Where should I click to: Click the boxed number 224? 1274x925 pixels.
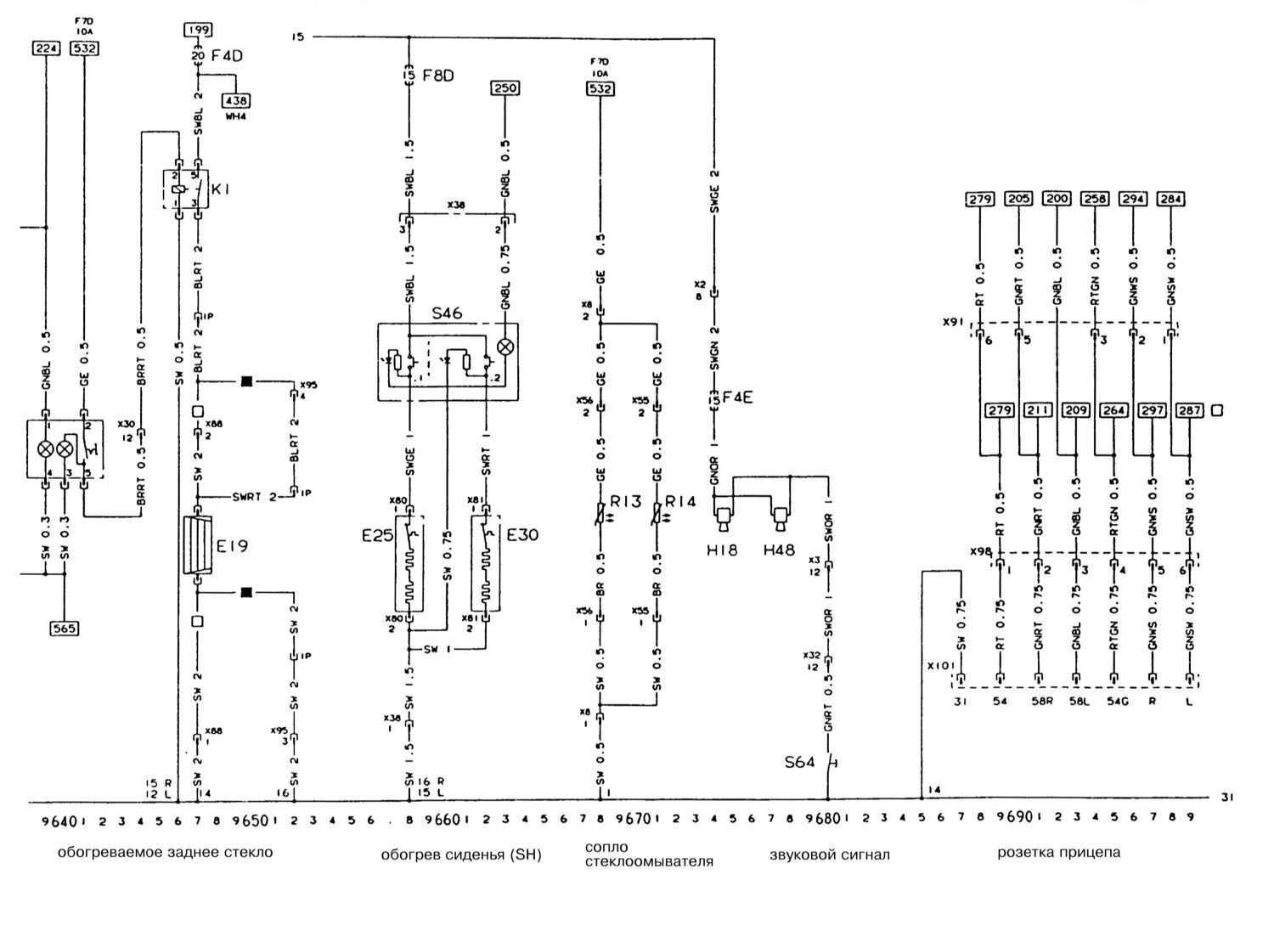(x=45, y=48)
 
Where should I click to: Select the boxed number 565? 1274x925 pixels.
(x=65, y=629)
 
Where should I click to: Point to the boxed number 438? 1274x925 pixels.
(x=235, y=100)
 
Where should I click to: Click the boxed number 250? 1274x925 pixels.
(x=505, y=88)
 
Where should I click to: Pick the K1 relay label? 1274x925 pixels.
(x=222, y=189)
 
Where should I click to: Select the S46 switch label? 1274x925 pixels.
(x=447, y=313)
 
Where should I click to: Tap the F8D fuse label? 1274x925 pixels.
(x=439, y=76)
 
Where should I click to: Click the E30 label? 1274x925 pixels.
(x=522, y=535)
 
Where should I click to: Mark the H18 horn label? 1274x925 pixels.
(x=722, y=550)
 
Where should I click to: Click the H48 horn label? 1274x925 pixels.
(x=779, y=550)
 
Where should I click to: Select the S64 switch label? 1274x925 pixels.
(x=800, y=762)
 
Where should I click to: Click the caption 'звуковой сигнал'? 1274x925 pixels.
(x=830, y=854)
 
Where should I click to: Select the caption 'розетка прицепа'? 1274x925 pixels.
(x=1058, y=852)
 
